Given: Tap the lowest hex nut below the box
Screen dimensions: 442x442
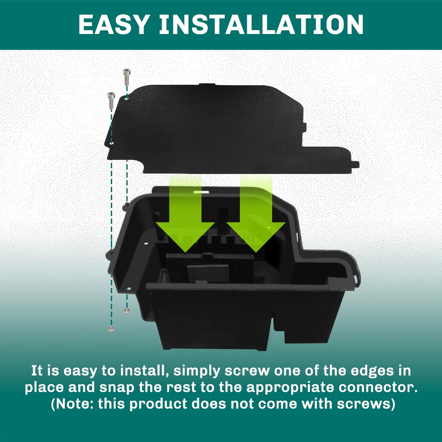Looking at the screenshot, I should (111, 329).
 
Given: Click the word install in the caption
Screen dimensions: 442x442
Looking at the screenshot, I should (136, 370).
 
